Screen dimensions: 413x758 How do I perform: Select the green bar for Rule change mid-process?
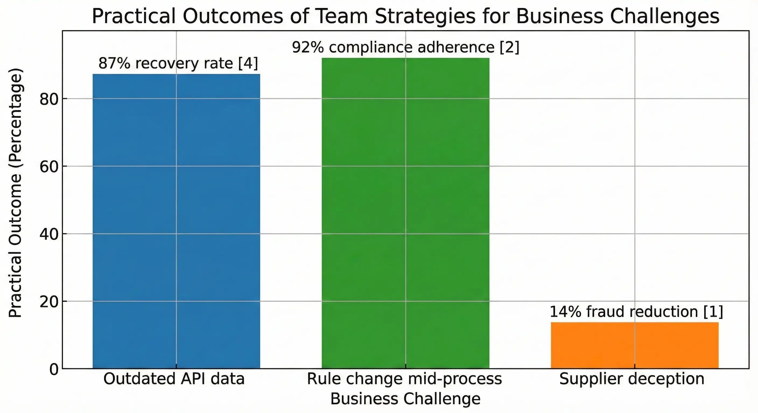click(x=405, y=213)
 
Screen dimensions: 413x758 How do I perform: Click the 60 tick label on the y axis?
click(x=48, y=167)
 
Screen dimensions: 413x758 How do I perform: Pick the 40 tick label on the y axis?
click(x=48, y=234)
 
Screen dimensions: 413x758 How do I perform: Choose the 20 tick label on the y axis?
click(x=48, y=302)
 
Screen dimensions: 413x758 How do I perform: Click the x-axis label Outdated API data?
click(x=174, y=379)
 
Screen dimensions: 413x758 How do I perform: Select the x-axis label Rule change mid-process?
click(x=404, y=379)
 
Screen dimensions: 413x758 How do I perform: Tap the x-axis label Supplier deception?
click(x=632, y=379)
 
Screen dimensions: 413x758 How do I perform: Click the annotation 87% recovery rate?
click(x=178, y=63)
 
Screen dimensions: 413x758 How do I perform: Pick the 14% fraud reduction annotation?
click(x=636, y=312)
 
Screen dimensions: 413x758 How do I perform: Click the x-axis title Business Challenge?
click(x=405, y=399)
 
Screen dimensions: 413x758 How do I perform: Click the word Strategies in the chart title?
click(x=425, y=16)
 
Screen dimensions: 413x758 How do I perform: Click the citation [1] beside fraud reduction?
click(x=713, y=312)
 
